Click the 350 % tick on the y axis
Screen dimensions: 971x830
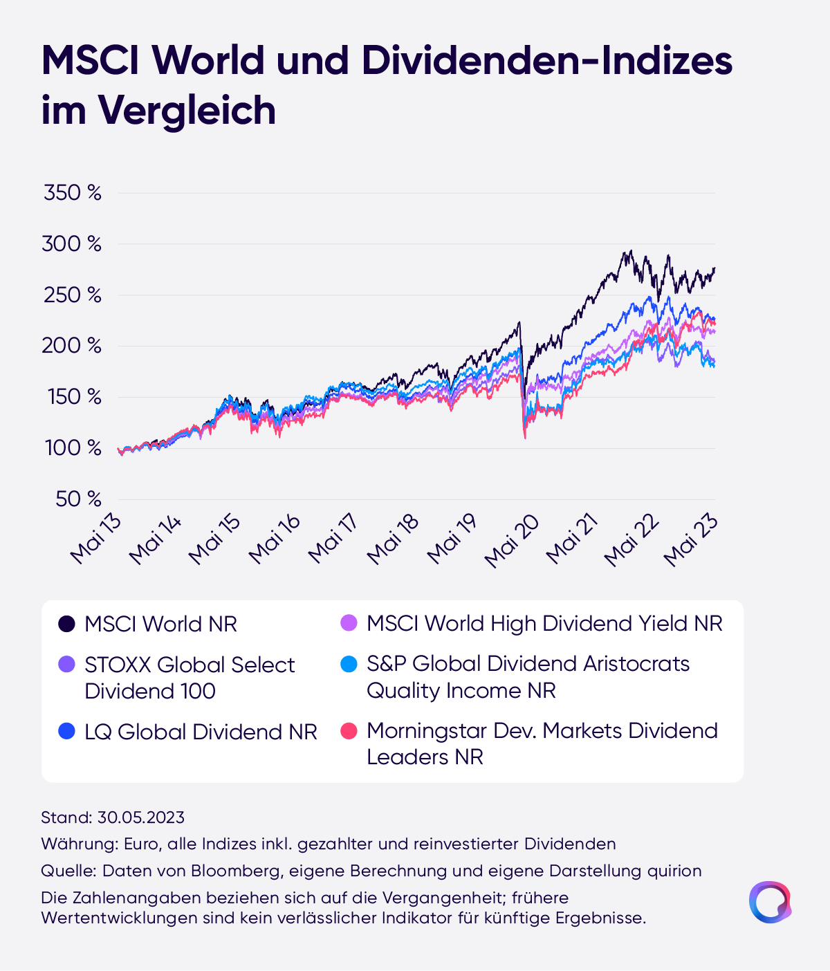(x=72, y=193)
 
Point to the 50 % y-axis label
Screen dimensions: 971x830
(x=78, y=499)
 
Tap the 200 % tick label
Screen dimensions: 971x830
(x=71, y=346)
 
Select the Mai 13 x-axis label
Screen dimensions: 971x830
(x=95, y=540)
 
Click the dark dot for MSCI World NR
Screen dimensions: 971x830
(x=66, y=624)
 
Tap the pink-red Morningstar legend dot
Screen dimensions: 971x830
(x=349, y=731)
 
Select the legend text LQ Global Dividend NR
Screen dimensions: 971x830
(x=201, y=732)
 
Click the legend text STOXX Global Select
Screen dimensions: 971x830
(x=190, y=665)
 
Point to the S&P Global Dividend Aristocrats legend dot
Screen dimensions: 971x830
(x=349, y=664)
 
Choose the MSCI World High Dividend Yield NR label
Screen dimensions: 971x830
(x=544, y=624)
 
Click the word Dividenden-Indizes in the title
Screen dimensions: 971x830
(x=546, y=61)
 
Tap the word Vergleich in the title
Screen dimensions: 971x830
(x=187, y=111)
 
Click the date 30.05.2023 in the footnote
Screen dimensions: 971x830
(x=141, y=817)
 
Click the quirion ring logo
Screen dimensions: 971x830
(x=770, y=902)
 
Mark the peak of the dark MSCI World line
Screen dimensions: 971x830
(x=628, y=251)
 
